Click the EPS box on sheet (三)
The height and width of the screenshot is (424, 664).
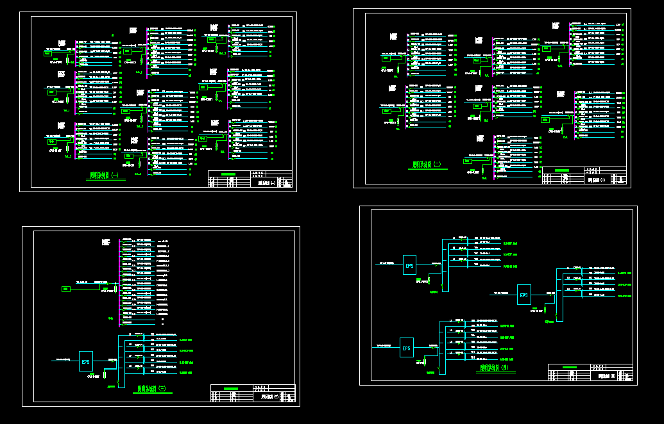[86, 361]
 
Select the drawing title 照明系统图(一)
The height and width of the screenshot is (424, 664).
[105, 175]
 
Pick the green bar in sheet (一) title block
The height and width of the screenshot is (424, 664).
[228, 174]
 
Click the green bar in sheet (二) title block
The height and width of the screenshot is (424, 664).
[561, 170]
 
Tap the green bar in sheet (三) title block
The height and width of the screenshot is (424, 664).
[230, 389]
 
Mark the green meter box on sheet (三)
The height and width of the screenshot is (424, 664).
[65, 289]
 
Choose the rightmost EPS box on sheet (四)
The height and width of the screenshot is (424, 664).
[524, 295]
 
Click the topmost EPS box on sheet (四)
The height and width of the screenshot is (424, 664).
[409, 265]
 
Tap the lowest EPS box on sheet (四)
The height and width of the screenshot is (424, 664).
[406, 347]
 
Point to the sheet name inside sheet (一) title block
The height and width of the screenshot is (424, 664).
[266, 183]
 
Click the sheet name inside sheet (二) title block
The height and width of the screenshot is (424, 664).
[597, 180]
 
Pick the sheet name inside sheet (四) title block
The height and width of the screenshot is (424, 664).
[606, 377]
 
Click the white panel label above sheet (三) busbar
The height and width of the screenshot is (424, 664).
[106, 242]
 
